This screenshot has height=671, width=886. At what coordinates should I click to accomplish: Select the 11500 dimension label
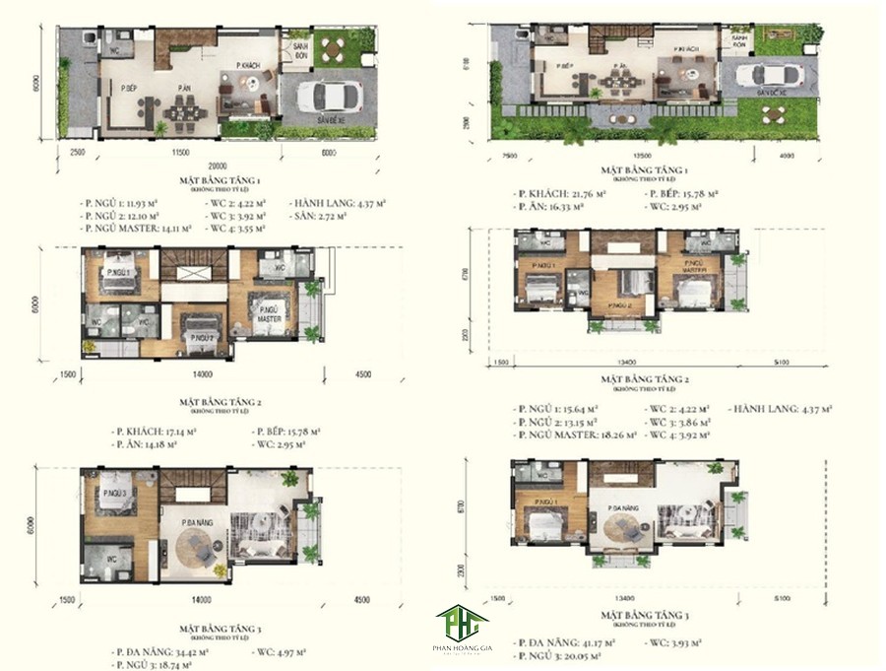179,153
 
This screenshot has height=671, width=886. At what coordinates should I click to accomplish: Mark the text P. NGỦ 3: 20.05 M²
559,654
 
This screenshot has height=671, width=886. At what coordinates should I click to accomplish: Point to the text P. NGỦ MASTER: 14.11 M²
135,228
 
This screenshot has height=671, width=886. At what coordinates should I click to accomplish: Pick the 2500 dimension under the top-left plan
78,153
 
